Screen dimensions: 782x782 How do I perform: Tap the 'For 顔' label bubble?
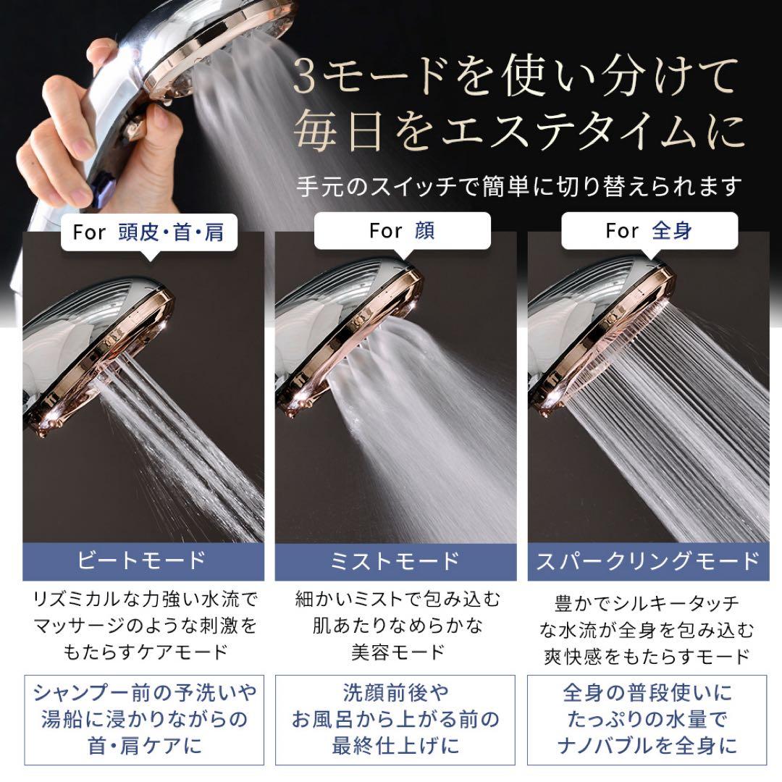tap(403, 231)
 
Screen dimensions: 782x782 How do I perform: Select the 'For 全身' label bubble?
tap(649, 231)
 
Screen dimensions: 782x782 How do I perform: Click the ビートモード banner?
tap(143, 561)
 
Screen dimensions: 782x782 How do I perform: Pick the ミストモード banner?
tap(395, 561)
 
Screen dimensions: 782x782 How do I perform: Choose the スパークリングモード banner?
tap(648, 561)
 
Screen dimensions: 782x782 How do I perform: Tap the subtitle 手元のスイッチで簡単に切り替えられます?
tap(519, 186)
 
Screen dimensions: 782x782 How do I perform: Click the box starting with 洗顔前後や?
tap(395, 720)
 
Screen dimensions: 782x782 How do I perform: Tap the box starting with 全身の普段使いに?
tap(648, 720)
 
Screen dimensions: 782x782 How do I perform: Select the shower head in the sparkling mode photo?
tap(601, 333)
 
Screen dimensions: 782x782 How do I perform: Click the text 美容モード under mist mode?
tap(395, 651)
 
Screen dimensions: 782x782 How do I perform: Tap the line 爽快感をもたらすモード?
tap(648, 657)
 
